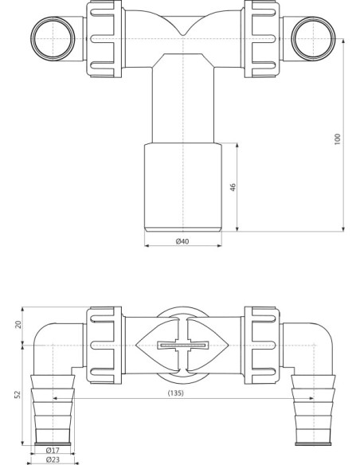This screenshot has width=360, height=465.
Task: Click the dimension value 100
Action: [337, 138]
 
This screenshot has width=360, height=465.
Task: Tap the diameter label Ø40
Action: [182, 241]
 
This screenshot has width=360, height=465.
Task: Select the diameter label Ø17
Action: [54, 450]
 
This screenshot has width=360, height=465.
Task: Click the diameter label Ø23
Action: [54, 459]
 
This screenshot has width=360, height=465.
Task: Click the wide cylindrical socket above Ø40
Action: [182, 186]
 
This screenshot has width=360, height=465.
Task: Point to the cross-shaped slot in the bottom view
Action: [182, 346]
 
